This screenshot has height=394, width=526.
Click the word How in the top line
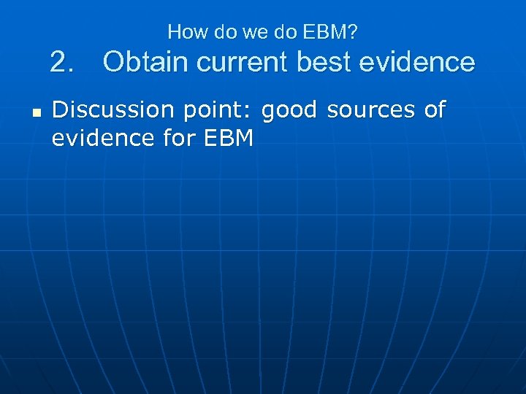[x=185, y=32]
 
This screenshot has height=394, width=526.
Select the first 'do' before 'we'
[x=216, y=32]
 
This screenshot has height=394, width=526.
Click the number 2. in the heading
[x=64, y=63]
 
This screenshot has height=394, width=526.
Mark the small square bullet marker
[x=34, y=114]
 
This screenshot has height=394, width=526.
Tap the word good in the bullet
[x=289, y=111]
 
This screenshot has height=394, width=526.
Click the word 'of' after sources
[x=434, y=111]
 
